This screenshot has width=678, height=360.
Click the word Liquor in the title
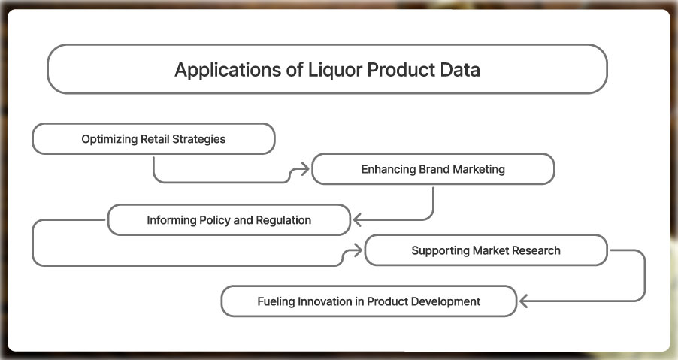coord(329,70)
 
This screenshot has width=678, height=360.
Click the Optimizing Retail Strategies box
coord(153,139)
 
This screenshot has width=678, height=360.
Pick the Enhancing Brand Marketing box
coord(433,169)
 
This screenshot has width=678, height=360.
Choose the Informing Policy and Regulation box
coord(229,220)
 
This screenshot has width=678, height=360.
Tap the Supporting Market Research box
coord(486,250)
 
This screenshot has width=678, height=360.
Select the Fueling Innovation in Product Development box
coord(368,301)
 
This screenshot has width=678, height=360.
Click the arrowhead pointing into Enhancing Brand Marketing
coord(305,170)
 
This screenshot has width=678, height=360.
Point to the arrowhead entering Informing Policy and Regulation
coord(358,220)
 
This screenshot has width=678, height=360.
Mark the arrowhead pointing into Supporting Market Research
coord(358,250)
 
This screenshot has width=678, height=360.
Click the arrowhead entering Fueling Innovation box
coord(525,301)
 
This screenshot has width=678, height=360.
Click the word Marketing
coord(478,169)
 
